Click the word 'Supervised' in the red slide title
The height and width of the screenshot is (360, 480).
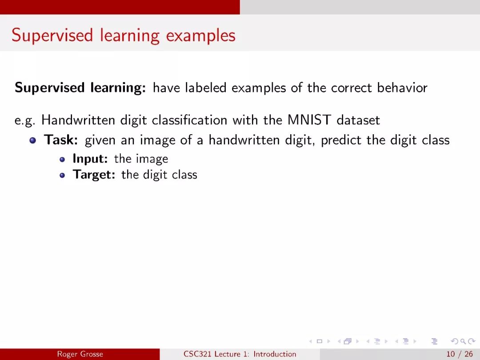[x=52, y=36]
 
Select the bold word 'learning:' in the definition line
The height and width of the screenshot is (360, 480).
[x=118, y=88]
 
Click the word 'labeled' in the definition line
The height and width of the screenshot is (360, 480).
[x=206, y=88]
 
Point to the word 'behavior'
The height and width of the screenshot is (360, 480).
[x=402, y=88]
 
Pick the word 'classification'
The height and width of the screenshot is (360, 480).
[x=189, y=120]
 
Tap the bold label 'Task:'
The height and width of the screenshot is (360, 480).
[x=61, y=140]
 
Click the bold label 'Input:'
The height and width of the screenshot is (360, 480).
[x=90, y=159]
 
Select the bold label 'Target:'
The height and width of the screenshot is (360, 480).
[x=94, y=175]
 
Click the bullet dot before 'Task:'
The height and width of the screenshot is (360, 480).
[x=33, y=140]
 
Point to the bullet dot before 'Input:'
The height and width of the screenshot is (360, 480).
[x=63, y=160]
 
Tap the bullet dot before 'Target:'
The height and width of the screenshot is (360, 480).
[x=63, y=176]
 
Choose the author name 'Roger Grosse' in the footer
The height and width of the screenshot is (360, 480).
[x=80, y=354]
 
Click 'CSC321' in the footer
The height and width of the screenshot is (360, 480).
[x=197, y=354]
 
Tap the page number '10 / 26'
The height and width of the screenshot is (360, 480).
[x=460, y=354]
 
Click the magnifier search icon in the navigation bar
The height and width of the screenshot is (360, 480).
[x=463, y=341]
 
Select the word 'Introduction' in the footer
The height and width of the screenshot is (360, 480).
[x=275, y=354]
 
